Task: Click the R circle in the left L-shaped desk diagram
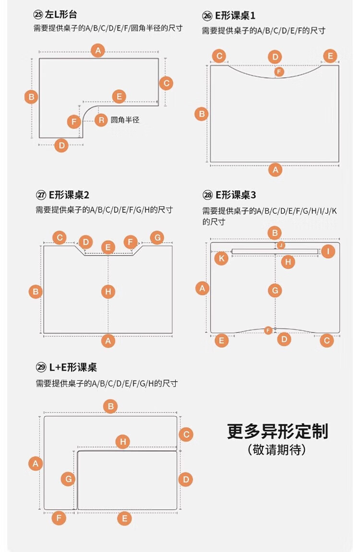coord(101,120)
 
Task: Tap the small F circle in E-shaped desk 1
coord(279,71)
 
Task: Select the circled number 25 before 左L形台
coord(37,15)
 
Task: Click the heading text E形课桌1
coord(235,16)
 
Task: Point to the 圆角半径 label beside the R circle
coord(125,120)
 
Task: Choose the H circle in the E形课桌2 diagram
coord(108,291)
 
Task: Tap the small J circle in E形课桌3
coord(281,245)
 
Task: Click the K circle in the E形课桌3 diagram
coord(221,258)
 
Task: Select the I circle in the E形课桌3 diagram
coord(328,251)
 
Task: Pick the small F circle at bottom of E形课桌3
coord(268,330)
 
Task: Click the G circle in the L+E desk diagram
coord(68,479)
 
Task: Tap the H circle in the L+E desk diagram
coord(123,442)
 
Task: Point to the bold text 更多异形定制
coord(277,431)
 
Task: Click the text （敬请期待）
coord(277,450)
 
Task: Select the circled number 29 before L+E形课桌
coord(41,367)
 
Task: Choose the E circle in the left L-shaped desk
coord(119,96)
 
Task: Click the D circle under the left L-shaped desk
coord(61,145)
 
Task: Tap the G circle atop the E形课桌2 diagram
coord(157,237)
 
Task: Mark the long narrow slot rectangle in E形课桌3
coord(275,251)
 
